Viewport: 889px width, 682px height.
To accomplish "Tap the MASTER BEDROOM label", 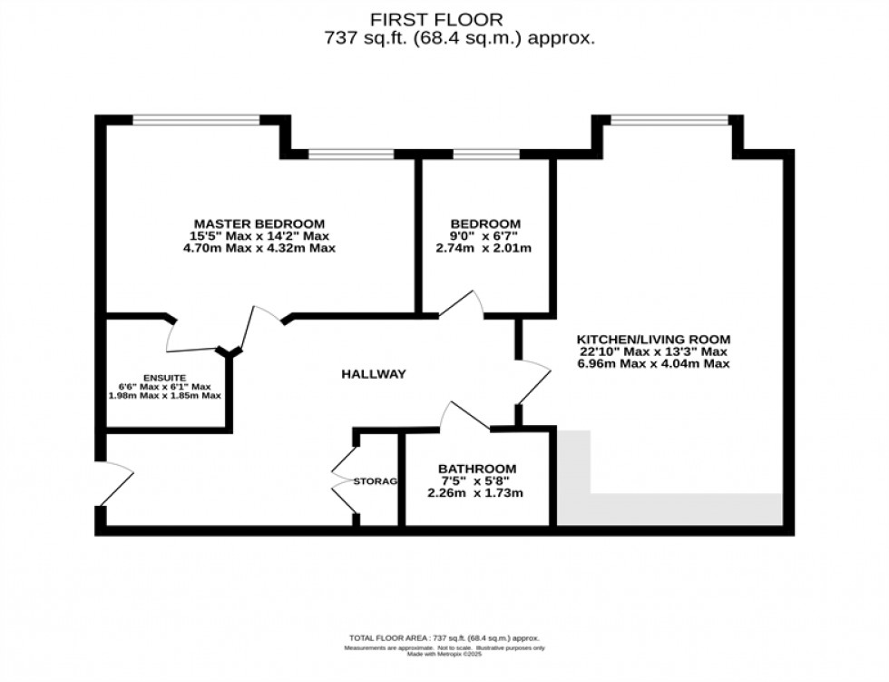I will point(259,223).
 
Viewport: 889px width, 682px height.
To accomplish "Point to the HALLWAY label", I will point(373,374).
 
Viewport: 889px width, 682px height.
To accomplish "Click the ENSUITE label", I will point(164,377).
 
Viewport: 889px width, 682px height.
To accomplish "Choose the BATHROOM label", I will point(477,468).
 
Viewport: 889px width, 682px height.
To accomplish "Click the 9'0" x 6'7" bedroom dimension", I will point(486,236).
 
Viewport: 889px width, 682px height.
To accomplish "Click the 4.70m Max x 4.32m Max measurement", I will point(259,248).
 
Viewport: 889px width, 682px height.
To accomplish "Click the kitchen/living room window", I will point(669,119).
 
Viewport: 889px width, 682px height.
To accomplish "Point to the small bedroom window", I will point(486,153).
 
